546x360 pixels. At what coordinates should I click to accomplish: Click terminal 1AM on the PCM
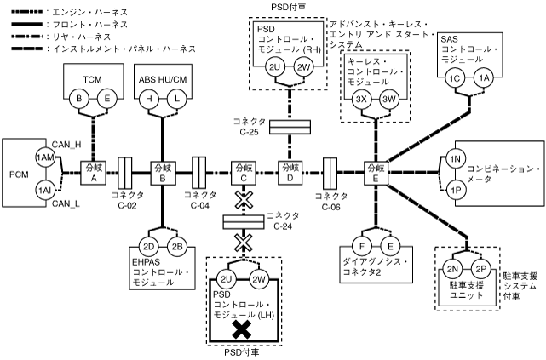point(43,158)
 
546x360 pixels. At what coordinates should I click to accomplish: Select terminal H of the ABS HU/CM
point(150,100)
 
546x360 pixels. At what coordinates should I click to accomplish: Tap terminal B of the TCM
point(81,100)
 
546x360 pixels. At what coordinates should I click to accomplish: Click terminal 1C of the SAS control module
point(455,78)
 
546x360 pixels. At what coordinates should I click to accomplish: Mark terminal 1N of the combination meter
point(455,159)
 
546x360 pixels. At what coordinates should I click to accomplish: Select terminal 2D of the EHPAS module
point(149,247)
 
